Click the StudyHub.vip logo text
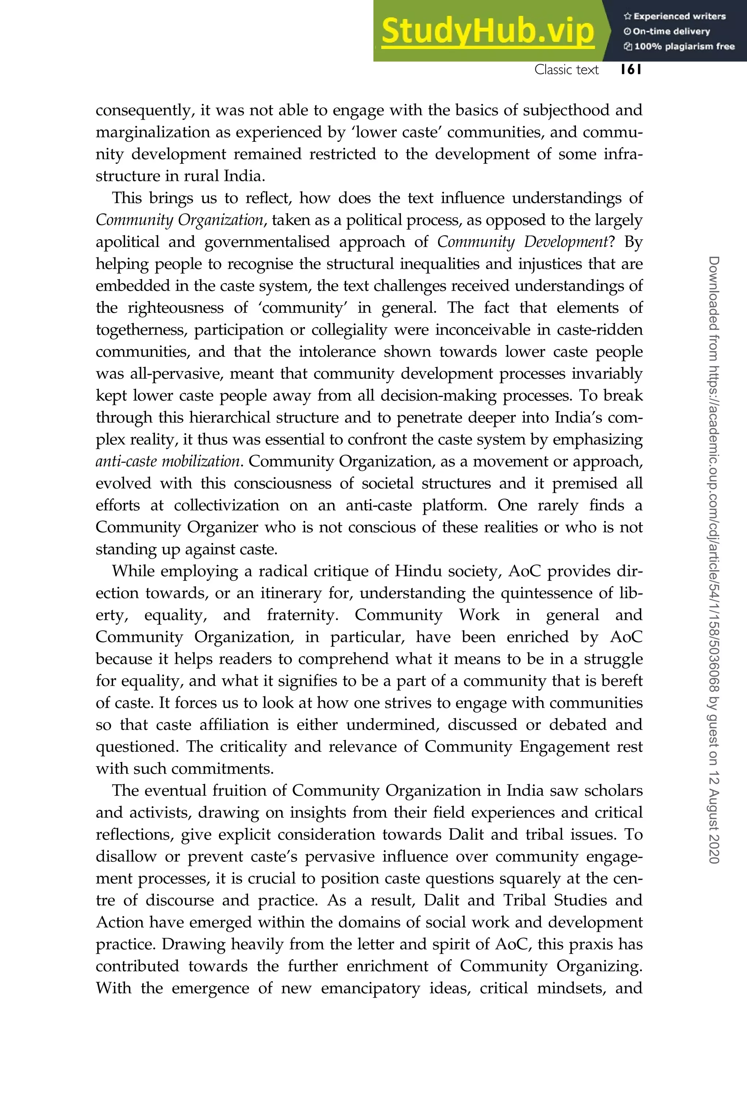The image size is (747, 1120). [x=487, y=31]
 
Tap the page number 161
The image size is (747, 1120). [x=631, y=70]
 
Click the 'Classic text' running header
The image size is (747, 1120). [x=566, y=70]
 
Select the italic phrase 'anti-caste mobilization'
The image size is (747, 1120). [x=167, y=462]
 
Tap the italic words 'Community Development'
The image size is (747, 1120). [x=522, y=242]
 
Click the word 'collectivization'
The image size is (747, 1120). [x=226, y=505]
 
